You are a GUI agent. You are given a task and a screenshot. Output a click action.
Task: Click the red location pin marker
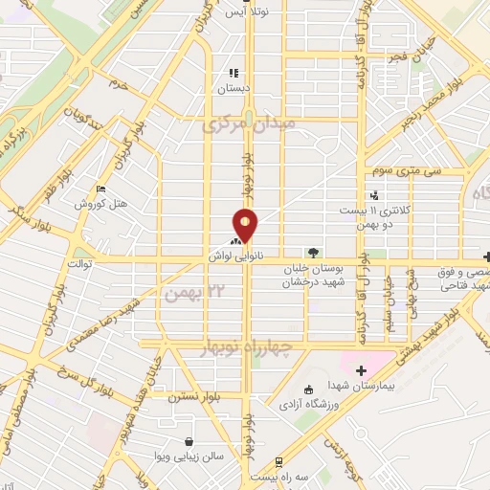(x=246, y=226)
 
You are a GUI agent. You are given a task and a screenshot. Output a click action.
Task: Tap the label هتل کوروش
(x=97, y=206)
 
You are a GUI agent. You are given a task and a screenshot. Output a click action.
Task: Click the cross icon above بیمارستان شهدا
(x=361, y=370)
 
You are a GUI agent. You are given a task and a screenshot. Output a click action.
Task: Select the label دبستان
(x=234, y=87)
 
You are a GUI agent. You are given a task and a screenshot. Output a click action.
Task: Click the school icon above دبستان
(x=234, y=72)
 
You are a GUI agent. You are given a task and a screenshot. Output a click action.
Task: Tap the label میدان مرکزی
(x=251, y=124)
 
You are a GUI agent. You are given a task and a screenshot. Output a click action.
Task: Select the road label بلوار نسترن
(x=196, y=394)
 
